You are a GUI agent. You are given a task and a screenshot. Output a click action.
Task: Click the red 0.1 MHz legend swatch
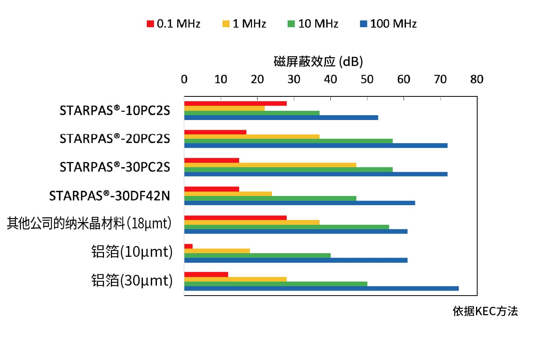(x=150, y=24)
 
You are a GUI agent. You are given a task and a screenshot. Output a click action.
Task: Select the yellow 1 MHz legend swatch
(x=226, y=24)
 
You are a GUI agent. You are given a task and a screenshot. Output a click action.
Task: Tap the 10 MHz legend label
(x=318, y=24)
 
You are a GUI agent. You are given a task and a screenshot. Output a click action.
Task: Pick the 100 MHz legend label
(x=393, y=24)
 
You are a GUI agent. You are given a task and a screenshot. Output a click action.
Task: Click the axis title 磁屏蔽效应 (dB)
(x=318, y=62)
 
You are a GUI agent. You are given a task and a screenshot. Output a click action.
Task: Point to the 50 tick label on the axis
(x=367, y=80)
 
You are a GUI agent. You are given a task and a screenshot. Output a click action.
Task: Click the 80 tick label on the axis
(x=476, y=80)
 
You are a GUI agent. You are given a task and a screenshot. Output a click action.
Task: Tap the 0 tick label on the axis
(x=184, y=80)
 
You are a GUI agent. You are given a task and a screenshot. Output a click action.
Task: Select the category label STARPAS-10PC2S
(x=115, y=110)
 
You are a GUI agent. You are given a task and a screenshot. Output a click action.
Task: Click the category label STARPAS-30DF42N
(x=109, y=196)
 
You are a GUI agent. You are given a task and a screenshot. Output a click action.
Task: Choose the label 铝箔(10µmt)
(x=132, y=252)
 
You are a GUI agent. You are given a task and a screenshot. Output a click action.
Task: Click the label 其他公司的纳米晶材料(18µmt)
(x=89, y=223)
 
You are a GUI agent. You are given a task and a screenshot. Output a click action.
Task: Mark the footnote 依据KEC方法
(x=485, y=311)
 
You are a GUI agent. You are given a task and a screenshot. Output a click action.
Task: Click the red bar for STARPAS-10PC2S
(x=235, y=104)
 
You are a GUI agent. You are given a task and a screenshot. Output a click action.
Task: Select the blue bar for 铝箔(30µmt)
(x=321, y=288)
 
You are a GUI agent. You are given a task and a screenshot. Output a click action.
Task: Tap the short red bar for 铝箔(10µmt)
(x=188, y=246)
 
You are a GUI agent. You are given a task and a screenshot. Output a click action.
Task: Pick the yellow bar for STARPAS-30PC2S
(x=270, y=165)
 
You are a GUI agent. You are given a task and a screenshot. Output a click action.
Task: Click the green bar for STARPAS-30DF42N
(x=270, y=198)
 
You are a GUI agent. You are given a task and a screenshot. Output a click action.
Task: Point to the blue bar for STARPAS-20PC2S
(x=316, y=146)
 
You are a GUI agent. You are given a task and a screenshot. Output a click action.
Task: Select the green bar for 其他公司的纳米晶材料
(x=286, y=227)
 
